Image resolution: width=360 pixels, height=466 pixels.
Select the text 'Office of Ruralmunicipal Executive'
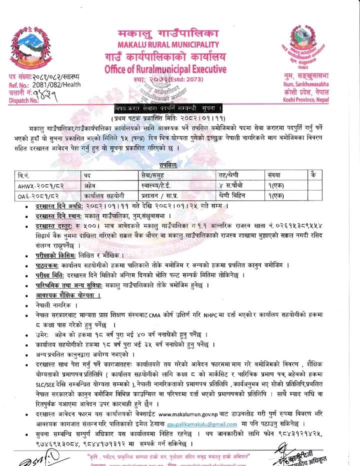[x=165, y=69]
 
